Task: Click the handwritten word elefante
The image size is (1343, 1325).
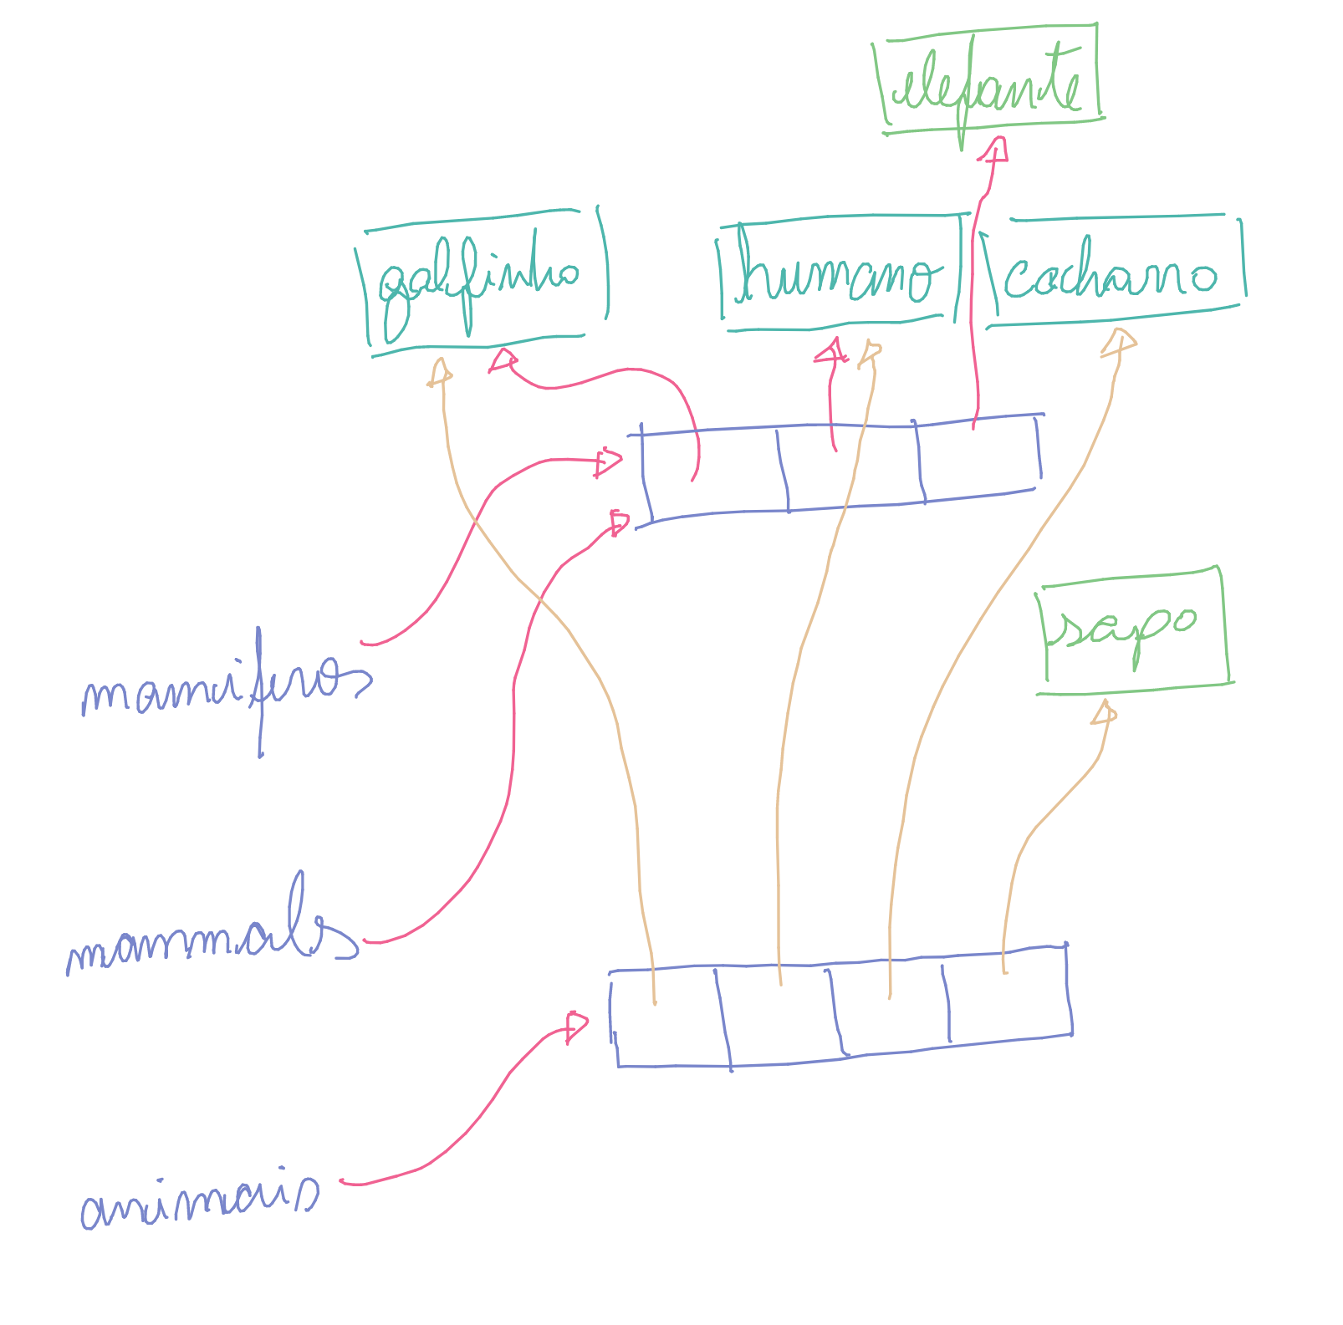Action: point(988,84)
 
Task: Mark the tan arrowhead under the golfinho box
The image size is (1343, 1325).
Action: point(440,371)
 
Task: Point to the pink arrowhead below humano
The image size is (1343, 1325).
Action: point(831,351)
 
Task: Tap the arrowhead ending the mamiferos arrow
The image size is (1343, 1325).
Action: point(608,461)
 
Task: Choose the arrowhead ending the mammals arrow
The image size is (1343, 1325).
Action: point(619,523)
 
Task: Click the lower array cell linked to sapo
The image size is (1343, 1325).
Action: point(1008,999)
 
